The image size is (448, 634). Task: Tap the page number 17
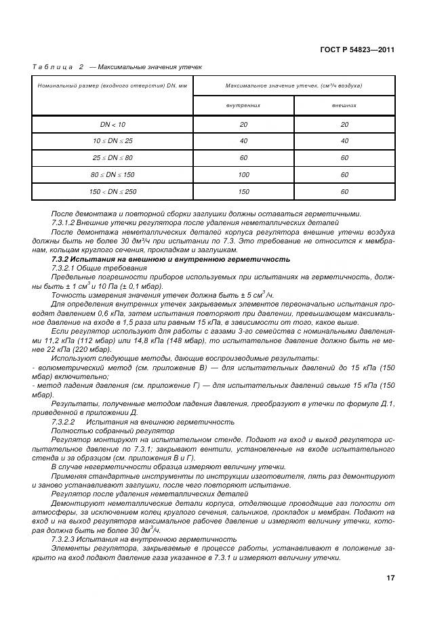(390, 578)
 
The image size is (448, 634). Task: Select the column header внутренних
(243, 106)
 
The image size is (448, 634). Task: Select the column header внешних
(344, 106)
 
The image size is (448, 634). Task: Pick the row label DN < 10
(113, 124)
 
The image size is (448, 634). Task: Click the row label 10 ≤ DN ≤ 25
(113, 141)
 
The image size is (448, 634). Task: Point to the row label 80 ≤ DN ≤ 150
(113, 175)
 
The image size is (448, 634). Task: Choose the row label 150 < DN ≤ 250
(113, 192)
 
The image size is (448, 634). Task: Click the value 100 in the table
(243, 175)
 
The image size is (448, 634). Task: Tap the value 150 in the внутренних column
(243, 192)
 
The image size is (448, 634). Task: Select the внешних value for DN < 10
(344, 124)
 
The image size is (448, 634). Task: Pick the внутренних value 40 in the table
(243, 141)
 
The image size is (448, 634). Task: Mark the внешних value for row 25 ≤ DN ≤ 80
(344, 158)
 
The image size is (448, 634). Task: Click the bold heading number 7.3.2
(63, 259)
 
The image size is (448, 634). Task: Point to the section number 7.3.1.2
(66, 222)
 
